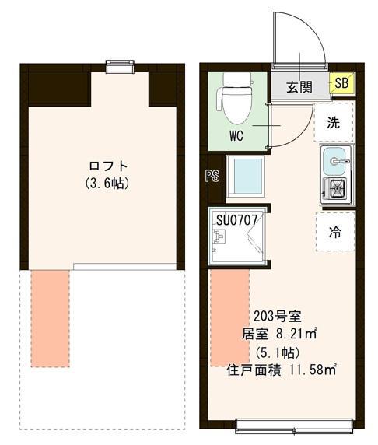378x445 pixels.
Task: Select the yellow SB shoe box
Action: [341, 82]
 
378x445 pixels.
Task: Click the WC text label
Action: [237, 133]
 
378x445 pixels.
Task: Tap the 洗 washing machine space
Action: [333, 122]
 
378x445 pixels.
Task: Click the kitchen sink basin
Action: [336, 160]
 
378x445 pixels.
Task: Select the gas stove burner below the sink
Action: [336, 188]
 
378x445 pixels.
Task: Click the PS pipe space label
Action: [211, 176]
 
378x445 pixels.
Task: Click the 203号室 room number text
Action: [277, 317]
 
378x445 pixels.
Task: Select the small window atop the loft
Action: [120, 67]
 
